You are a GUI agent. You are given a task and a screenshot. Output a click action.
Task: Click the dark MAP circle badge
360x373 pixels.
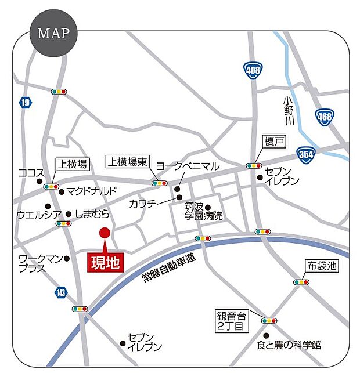[53, 33]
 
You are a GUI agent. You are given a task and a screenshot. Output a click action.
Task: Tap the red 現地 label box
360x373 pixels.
[105, 262]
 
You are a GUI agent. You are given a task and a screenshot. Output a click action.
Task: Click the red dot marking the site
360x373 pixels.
[105, 233]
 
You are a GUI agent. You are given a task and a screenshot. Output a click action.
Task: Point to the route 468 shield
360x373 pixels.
[325, 117]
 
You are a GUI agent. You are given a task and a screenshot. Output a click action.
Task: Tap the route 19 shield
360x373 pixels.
[24, 103]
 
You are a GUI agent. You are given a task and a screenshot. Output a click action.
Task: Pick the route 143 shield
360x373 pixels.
[62, 292]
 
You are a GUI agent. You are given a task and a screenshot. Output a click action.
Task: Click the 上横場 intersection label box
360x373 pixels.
[72, 165]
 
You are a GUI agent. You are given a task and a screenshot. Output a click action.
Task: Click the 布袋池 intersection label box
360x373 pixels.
[322, 266]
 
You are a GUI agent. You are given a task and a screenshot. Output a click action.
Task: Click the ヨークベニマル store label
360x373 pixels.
[188, 166]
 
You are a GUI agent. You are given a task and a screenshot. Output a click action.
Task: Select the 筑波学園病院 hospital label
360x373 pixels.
[204, 211]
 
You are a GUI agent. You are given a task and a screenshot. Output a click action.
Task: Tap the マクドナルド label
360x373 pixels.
[92, 191]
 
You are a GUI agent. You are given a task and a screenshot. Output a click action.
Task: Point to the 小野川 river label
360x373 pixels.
[289, 111]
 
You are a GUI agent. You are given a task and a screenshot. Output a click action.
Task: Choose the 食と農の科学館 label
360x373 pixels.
[289, 346]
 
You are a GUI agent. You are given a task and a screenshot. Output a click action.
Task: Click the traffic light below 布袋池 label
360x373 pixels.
[301, 282]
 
